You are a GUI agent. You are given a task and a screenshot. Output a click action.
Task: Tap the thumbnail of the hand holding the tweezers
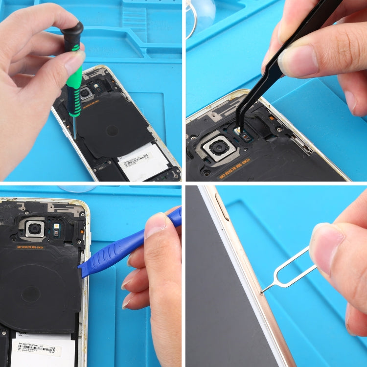tap(299, 61)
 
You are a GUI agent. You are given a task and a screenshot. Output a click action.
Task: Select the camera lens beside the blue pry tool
tap(35, 228)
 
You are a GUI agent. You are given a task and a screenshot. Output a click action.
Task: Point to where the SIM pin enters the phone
tap(263, 293)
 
